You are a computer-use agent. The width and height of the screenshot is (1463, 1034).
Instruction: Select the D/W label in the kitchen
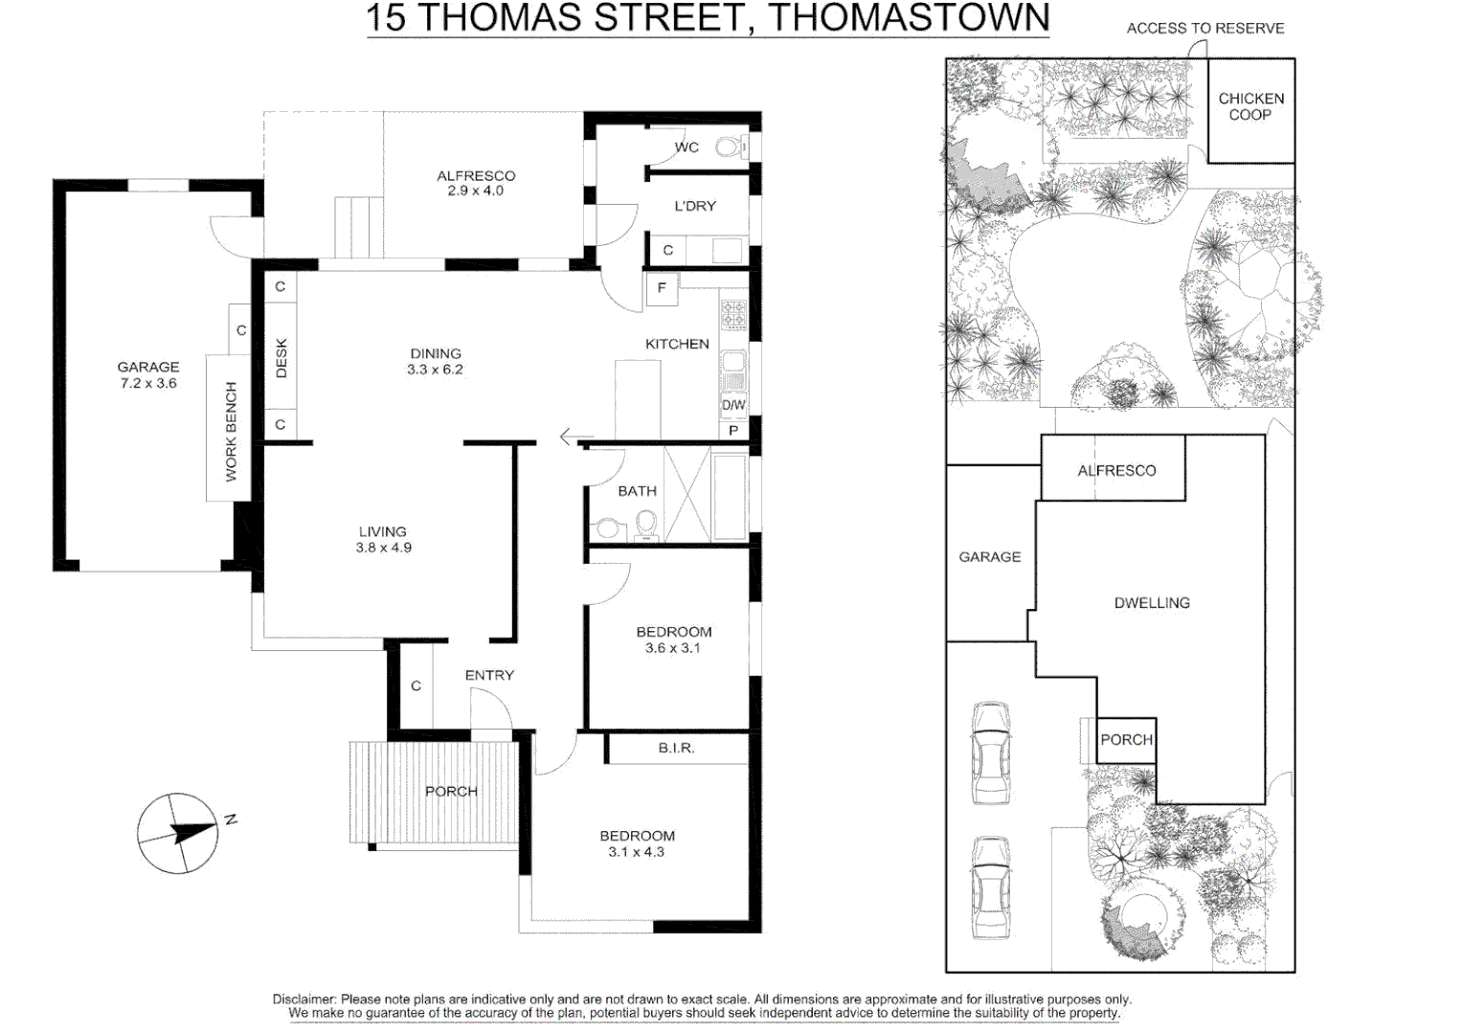point(733,405)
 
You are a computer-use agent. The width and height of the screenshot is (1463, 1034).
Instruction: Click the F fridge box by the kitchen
point(662,288)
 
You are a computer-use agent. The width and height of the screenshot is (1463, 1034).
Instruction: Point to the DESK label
point(281,358)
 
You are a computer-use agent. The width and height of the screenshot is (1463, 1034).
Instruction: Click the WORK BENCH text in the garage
point(231,431)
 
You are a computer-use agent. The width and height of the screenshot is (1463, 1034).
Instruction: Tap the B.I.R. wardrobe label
point(676,748)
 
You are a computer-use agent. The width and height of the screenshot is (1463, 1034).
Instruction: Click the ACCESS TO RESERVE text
point(1204,29)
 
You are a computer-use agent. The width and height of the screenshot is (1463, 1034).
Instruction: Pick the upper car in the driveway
point(991,753)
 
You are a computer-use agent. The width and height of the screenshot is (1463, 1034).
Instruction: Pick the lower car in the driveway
point(991,888)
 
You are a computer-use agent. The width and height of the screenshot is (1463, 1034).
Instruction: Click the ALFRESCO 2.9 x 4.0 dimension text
point(475,191)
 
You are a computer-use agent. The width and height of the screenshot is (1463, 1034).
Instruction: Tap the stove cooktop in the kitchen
point(733,314)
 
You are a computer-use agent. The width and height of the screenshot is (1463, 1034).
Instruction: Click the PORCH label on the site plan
point(1126,740)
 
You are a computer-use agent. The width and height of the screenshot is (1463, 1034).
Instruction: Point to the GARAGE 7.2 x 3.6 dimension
point(148,383)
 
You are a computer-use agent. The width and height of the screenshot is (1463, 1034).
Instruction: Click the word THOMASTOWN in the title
point(909,18)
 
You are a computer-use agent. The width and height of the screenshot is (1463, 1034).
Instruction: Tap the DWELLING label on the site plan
point(1152,603)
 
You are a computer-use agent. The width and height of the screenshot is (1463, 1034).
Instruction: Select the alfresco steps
point(358,227)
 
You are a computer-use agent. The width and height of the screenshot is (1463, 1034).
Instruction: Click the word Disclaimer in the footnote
point(304,1000)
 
